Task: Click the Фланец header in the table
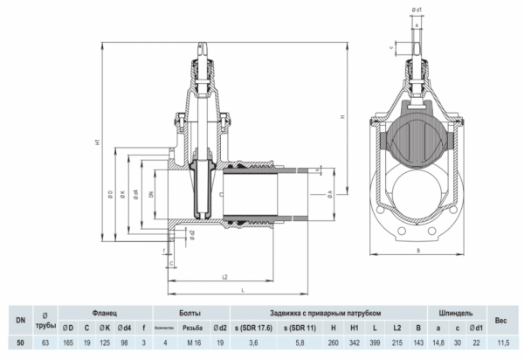click(106, 311)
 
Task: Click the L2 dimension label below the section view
click(225, 277)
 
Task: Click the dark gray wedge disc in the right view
click(417, 139)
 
